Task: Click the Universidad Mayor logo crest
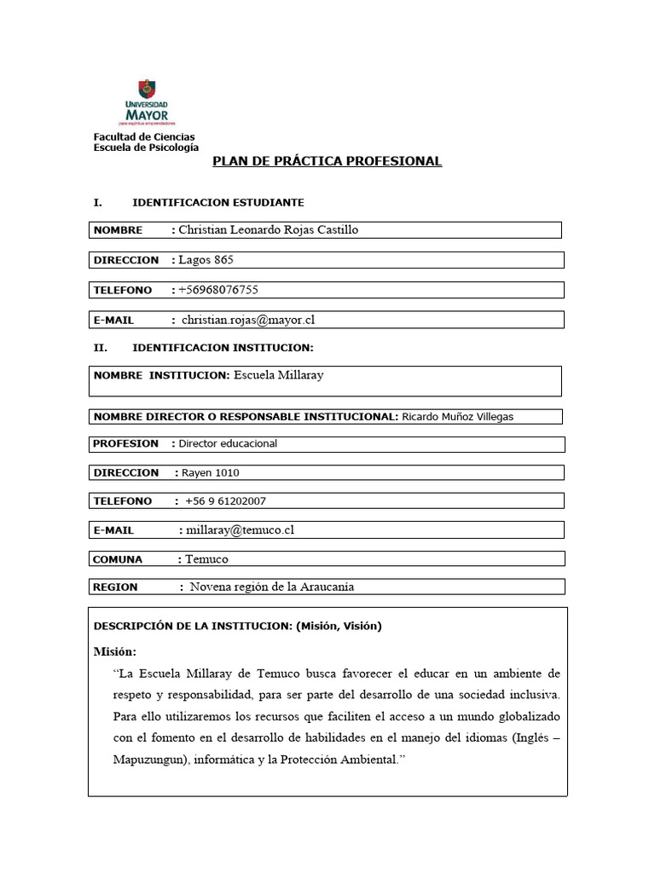[x=146, y=90]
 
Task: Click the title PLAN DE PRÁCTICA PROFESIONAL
[x=327, y=161]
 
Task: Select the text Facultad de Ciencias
[x=143, y=136]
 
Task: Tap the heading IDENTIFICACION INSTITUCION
[x=223, y=348]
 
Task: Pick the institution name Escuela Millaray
[x=278, y=375]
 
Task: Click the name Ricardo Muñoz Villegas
[x=457, y=416]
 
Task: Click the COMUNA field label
[x=118, y=559]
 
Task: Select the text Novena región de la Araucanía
[x=271, y=587]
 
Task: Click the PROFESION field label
[x=126, y=443]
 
